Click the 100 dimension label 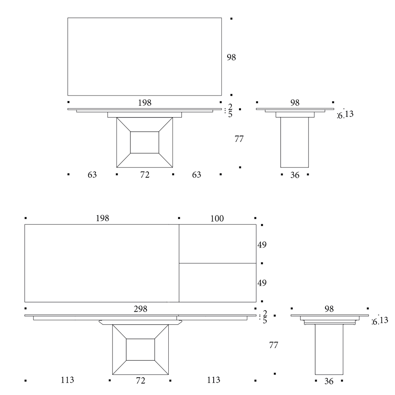(217, 218)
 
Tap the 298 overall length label (140, 309)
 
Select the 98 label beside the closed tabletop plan (231, 57)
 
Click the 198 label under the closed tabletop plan (145, 103)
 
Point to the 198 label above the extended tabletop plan (102, 218)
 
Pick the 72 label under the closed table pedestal (145, 175)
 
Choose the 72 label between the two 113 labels (141, 380)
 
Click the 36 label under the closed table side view (295, 175)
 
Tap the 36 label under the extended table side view (329, 382)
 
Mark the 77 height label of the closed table (239, 139)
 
